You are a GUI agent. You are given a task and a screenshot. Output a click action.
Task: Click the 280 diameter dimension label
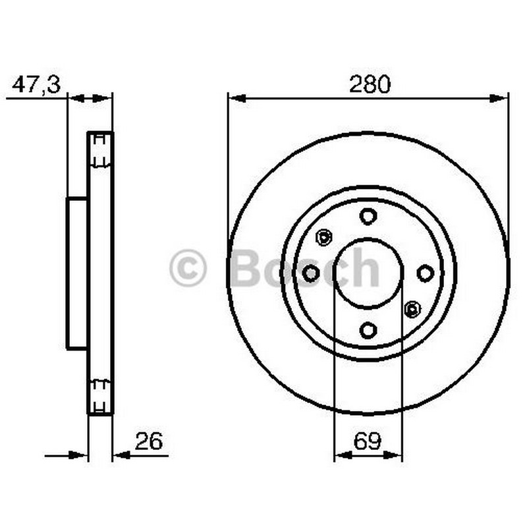point(370,84)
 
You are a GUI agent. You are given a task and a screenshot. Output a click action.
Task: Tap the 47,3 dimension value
point(36,84)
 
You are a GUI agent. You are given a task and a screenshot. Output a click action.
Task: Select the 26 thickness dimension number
point(149,441)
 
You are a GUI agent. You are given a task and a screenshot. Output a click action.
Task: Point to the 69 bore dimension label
point(368,441)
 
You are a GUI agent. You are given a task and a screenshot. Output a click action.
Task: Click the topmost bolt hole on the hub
point(368,216)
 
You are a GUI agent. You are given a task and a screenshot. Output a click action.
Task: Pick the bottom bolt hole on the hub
point(368,331)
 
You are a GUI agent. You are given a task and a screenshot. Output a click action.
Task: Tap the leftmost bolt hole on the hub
point(311,273)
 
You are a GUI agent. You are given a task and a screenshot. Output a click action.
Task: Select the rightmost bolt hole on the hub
point(425,273)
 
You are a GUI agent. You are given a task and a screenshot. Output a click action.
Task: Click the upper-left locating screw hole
point(324,237)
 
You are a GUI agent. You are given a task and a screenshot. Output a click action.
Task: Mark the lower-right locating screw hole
point(412,309)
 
